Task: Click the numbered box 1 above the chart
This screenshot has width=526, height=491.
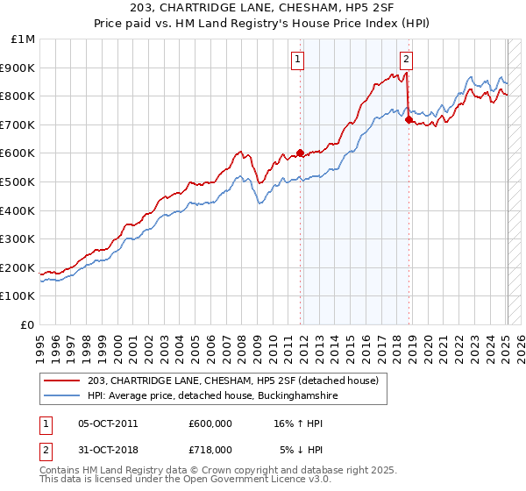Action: coord(298,60)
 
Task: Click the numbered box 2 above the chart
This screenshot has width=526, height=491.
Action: coord(407,60)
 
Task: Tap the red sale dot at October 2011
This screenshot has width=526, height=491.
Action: coord(300,153)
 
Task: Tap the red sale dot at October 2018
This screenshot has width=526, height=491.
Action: coord(409,119)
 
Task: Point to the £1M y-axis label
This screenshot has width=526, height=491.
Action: coord(24,39)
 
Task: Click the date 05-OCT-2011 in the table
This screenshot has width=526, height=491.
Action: coord(108,423)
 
